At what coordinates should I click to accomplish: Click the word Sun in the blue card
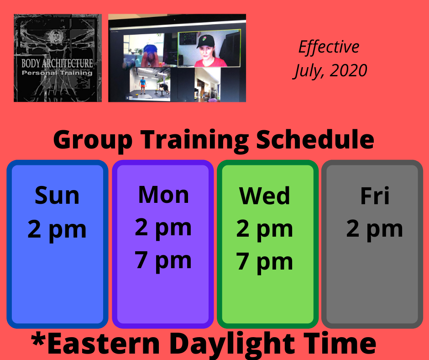pyautogui.click(x=57, y=196)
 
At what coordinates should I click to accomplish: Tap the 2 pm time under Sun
pyautogui.click(x=57, y=230)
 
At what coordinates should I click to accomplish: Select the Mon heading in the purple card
pyautogui.click(x=163, y=195)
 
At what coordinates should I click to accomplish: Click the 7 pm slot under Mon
pyautogui.click(x=163, y=262)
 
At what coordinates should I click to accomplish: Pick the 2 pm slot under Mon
pyautogui.click(x=163, y=228)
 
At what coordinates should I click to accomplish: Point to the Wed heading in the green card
pyautogui.click(x=265, y=196)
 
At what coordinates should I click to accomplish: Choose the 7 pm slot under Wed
pyautogui.click(x=265, y=263)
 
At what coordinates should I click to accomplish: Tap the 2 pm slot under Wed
pyautogui.click(x=265, y=230)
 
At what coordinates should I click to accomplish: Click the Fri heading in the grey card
pyautogui.click(x=375, y=196)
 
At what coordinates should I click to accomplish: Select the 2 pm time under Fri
pyautogui.click(x=375, y=230)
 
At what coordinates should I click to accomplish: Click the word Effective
pyautogui.click(x=329, y=47)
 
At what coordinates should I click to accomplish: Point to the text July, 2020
pyautogui.click(x=330, y=71)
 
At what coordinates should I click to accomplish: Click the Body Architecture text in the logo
pyautogui.click(x=57, y=64)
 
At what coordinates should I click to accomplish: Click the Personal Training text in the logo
pyautogui.click(x=57, y=73)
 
